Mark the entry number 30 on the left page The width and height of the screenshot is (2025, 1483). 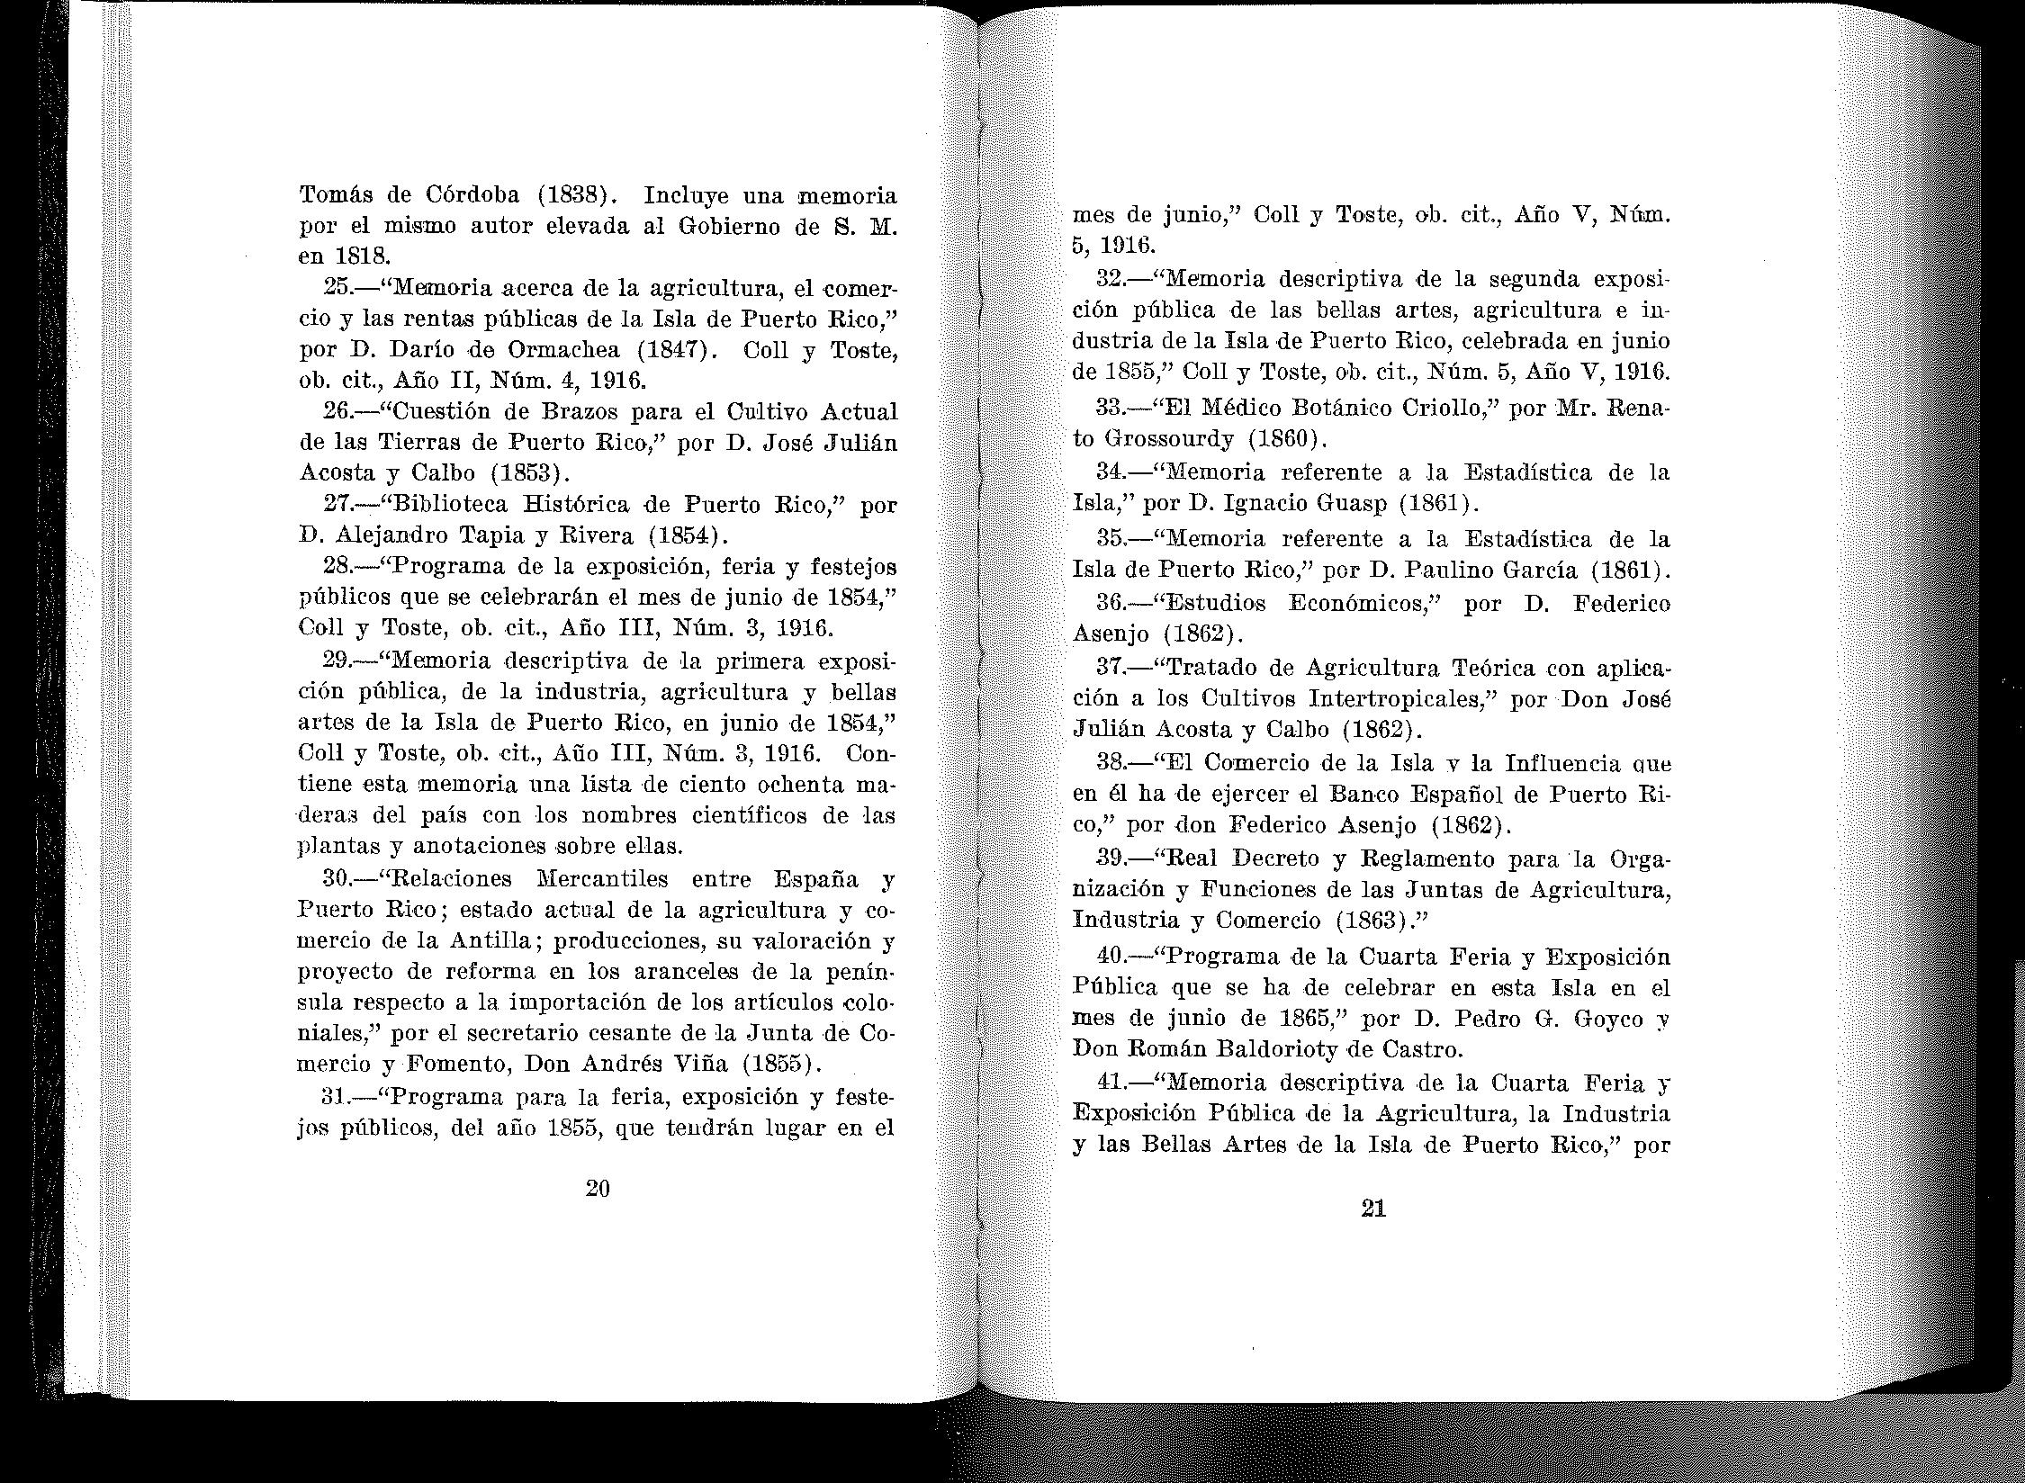(337, 878)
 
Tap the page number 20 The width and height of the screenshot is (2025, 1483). (598, 1189)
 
